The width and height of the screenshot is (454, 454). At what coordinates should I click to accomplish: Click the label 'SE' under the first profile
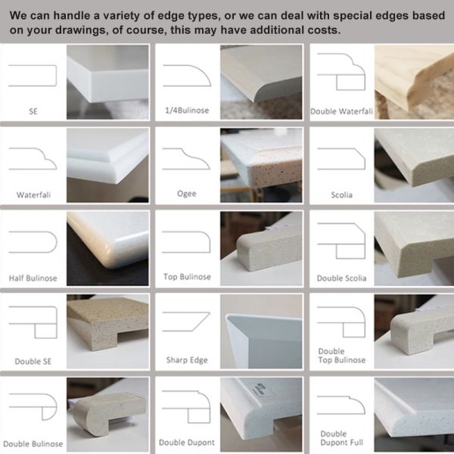(x=33, y=111)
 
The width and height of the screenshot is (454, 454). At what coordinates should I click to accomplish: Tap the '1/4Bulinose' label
(x=187, y=110)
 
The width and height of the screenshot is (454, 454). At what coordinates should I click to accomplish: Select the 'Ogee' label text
(x=187, y=194)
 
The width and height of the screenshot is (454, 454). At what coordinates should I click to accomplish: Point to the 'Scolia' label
(x=342, y=195)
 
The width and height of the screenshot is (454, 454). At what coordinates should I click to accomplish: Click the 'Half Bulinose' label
(x=33, y=278)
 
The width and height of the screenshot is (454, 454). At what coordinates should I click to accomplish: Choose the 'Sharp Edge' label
(x=187, y=360)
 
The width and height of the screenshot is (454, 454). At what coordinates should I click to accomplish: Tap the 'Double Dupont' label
(x=187, y=443)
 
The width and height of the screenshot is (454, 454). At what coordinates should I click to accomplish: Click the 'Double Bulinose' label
(x=33, y=444)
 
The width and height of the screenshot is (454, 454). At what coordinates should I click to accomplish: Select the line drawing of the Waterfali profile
(x=33, y=159)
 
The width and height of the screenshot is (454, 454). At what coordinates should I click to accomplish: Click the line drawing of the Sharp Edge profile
(x=186, y=322)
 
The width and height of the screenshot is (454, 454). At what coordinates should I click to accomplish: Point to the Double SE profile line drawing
(x=33, y=322)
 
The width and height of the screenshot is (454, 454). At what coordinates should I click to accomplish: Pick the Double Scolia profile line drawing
(x=341, y=241)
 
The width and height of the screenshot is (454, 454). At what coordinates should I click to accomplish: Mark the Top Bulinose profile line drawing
(x=186, y=242)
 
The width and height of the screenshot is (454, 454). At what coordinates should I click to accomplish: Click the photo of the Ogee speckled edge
(x=261, y=165)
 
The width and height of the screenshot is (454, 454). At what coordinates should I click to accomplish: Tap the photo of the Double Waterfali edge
(x=414, y=82)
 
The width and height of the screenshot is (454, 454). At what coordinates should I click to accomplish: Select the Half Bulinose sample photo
(x=107, y=248)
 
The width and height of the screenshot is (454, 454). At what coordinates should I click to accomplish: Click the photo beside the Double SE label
(x=107, y=331)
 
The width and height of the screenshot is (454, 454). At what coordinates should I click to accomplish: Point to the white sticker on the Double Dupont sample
(x=263, y=388)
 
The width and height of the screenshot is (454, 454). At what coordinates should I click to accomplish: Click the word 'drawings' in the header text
(x=81, y=30)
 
